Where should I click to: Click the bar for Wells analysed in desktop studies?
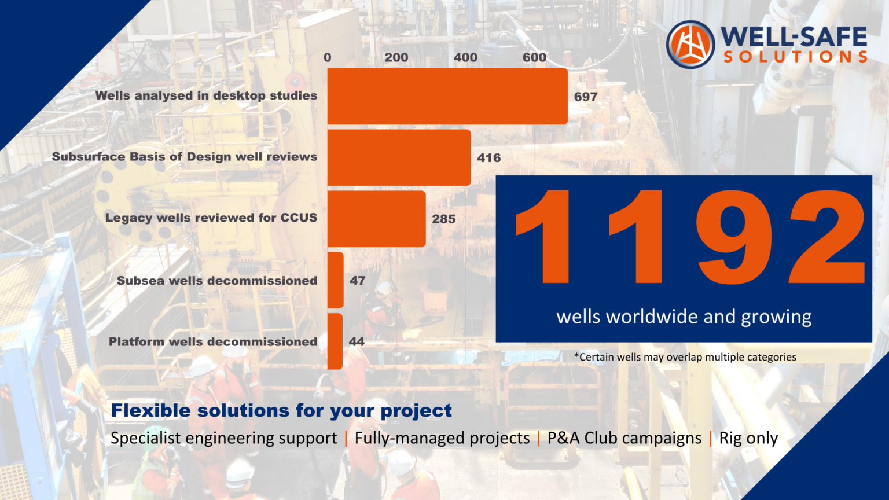(447, 96)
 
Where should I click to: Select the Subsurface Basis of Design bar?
(399, 157)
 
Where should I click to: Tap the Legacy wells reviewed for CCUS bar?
(376, 219)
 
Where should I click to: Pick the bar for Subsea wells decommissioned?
(336, 280)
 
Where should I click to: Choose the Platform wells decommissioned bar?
(335, 341)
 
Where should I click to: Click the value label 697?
(586, 97)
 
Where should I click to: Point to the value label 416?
(489, 157)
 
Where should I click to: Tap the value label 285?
(444, 219)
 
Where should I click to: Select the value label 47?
(358, 281)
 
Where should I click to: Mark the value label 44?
(357, 342)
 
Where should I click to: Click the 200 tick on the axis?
(396, 57)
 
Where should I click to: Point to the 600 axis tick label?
(534, 57)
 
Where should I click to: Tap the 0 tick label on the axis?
(328, 57)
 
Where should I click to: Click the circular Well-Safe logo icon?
(690, 45)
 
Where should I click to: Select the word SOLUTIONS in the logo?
(795, 57)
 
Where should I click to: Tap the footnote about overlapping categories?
(685, 357)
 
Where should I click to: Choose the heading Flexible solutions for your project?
(281, 410)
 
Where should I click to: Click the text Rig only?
(748, 438)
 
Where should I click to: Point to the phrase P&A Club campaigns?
(624, 438)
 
